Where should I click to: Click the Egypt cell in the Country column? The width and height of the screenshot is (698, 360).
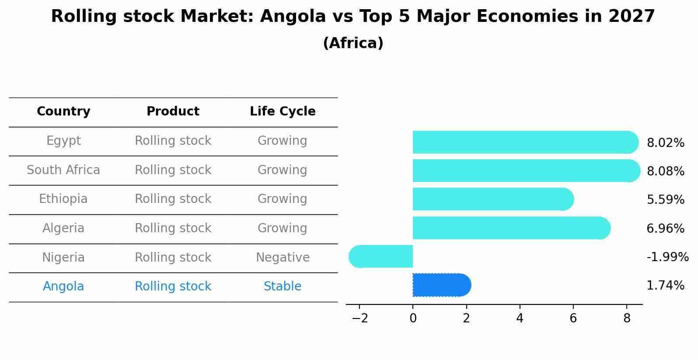pos(63,141)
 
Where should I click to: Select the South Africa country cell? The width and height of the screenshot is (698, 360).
pos(63,170)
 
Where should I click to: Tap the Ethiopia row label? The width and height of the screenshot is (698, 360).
pos(63,199)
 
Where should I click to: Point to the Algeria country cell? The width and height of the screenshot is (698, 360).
pos(63,228)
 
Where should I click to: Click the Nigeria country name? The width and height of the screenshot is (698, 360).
pos(63,258)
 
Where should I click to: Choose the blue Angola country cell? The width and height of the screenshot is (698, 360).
pos(63,287)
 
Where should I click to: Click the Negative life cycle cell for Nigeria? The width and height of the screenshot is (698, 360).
pos(283,258)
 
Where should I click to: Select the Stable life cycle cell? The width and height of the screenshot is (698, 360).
pos(283,287)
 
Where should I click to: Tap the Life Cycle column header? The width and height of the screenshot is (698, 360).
pos(283,112)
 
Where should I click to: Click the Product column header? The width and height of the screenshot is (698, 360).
pos(173,112)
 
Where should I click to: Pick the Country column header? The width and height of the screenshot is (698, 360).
pos(63,112)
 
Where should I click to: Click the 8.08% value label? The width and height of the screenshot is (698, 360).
pos(665,171)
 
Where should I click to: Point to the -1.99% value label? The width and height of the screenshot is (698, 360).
pos(667,257)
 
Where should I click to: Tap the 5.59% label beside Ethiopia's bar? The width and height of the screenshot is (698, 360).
pos(665,200)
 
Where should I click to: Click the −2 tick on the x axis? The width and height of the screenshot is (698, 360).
pos(359,318)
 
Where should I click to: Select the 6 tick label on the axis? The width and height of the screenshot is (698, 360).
pos(573,318)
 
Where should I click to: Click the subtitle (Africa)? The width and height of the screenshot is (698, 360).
pos(353,43)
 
